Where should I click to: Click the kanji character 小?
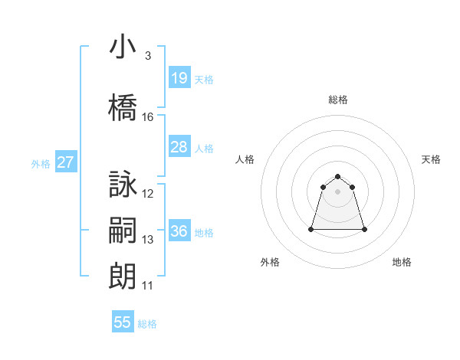(123, 47)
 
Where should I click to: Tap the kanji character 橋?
(123, 108)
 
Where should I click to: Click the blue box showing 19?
(179, 78)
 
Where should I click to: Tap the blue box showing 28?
(179, 147)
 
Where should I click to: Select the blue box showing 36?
(179, 231)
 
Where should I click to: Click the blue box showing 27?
(65, 162)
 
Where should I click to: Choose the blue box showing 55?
(123, 322)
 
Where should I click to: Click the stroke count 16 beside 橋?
(148, 117)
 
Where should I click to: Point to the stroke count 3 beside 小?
(148, 56)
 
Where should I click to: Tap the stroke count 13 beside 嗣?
(148, 240)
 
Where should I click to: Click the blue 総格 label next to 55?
(147, 324)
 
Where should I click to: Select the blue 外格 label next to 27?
(41, 163)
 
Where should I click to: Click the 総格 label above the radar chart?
(338, 100)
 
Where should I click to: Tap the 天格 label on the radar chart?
(432, 159)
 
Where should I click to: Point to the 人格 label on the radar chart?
(245, 159)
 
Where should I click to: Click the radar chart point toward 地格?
(364, 229)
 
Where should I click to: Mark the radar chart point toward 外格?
(312, 229)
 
